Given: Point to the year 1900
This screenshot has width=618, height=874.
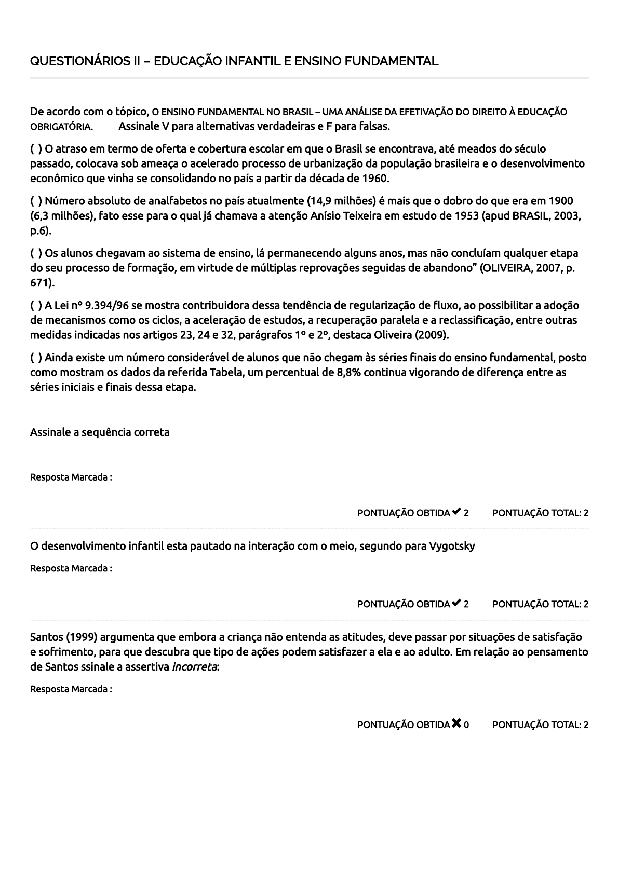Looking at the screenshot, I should (561, 201).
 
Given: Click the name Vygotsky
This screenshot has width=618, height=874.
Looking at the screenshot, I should (452, 547).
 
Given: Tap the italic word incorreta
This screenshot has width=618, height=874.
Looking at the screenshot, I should (194, 667).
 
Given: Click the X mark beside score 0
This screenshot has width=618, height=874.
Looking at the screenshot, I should (456, 724).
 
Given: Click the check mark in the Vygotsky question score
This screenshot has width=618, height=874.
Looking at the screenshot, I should (456, 603).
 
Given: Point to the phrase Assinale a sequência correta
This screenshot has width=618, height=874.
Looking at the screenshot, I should (100, 433).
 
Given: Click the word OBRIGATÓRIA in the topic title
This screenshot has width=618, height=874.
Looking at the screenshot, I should (61, 127).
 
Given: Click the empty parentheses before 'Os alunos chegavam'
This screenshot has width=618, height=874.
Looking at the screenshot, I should (36, 254).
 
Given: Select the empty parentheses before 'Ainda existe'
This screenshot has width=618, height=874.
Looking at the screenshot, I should (36, 358).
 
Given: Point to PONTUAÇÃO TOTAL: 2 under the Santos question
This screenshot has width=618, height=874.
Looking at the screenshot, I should (540, 725).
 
